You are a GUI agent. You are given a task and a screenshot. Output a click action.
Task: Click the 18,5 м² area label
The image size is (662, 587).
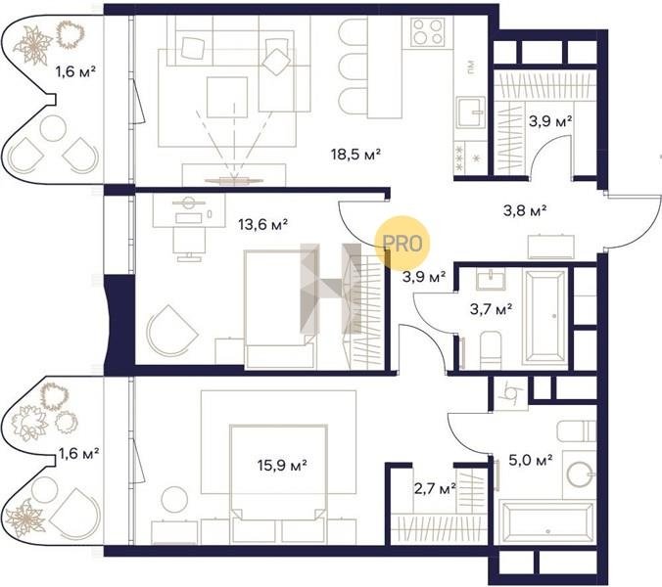355,155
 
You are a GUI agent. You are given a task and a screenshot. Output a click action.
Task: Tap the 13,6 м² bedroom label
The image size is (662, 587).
263,224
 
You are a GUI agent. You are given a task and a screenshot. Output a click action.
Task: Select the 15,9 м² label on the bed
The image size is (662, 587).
282,465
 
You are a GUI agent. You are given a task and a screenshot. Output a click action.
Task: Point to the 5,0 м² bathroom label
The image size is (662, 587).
531,460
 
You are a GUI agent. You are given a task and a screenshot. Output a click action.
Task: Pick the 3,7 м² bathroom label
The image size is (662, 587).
492,309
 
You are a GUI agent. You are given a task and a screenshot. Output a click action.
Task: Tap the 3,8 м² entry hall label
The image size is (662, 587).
525,209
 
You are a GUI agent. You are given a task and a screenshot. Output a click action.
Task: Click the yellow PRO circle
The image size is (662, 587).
402,243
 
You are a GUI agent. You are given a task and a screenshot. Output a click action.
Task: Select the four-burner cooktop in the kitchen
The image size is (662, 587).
428,32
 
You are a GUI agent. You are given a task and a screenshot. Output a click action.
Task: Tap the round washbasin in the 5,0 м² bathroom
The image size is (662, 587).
580,474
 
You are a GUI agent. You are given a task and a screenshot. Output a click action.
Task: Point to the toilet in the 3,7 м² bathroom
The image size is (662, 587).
491,350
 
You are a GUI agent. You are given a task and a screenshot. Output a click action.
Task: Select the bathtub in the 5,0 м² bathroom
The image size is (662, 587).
545,522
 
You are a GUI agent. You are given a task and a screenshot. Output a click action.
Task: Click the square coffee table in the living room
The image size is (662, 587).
227,98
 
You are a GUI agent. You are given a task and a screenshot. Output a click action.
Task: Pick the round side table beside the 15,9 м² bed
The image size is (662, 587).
174,500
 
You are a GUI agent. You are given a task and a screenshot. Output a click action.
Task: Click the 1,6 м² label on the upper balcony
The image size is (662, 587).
76,71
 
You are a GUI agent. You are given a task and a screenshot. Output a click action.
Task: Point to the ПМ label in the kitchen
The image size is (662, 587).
471,67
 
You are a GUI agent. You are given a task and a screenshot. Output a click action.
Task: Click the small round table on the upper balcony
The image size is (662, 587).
53,128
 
